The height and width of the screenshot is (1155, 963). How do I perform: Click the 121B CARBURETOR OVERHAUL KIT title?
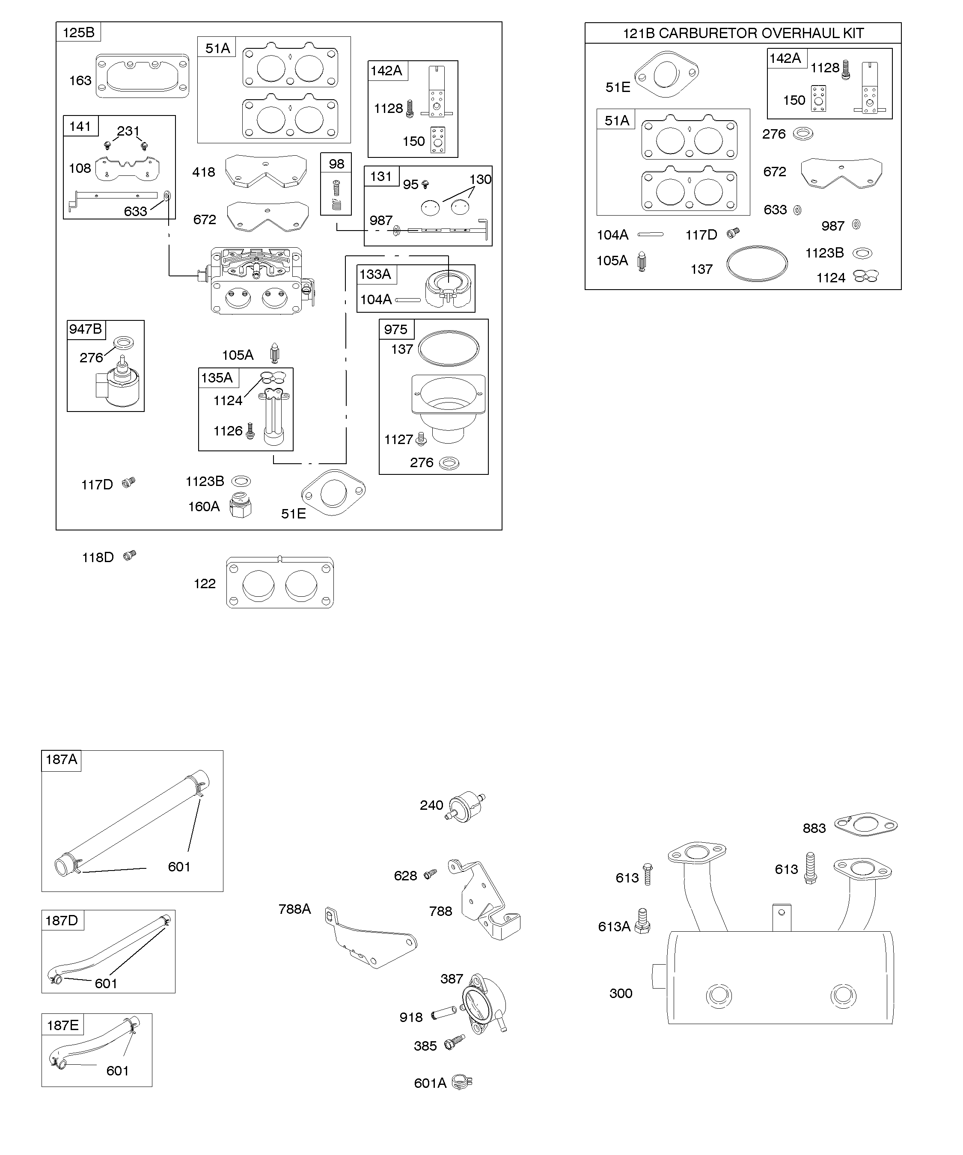tap(743, 33)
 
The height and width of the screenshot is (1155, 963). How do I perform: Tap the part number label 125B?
tap(79, 33)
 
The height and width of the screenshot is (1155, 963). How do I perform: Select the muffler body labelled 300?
tap(780, 978)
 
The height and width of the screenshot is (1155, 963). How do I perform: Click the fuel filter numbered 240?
tap(465, 807)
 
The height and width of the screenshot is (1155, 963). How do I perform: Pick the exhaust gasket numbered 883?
tap(865, 825)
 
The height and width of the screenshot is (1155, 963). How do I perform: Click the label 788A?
tap(294, 909)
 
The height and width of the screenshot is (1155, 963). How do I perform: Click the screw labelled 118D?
tap(130, 556)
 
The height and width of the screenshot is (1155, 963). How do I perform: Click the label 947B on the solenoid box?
tap(85, 329)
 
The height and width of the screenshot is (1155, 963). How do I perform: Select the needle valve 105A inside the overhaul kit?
tap(642, 262)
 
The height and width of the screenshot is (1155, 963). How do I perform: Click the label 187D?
tap(62, 921)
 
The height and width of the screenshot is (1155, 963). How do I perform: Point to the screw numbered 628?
tap(431, 874)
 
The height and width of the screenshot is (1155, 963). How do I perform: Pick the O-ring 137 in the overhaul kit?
tap(757, 264)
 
